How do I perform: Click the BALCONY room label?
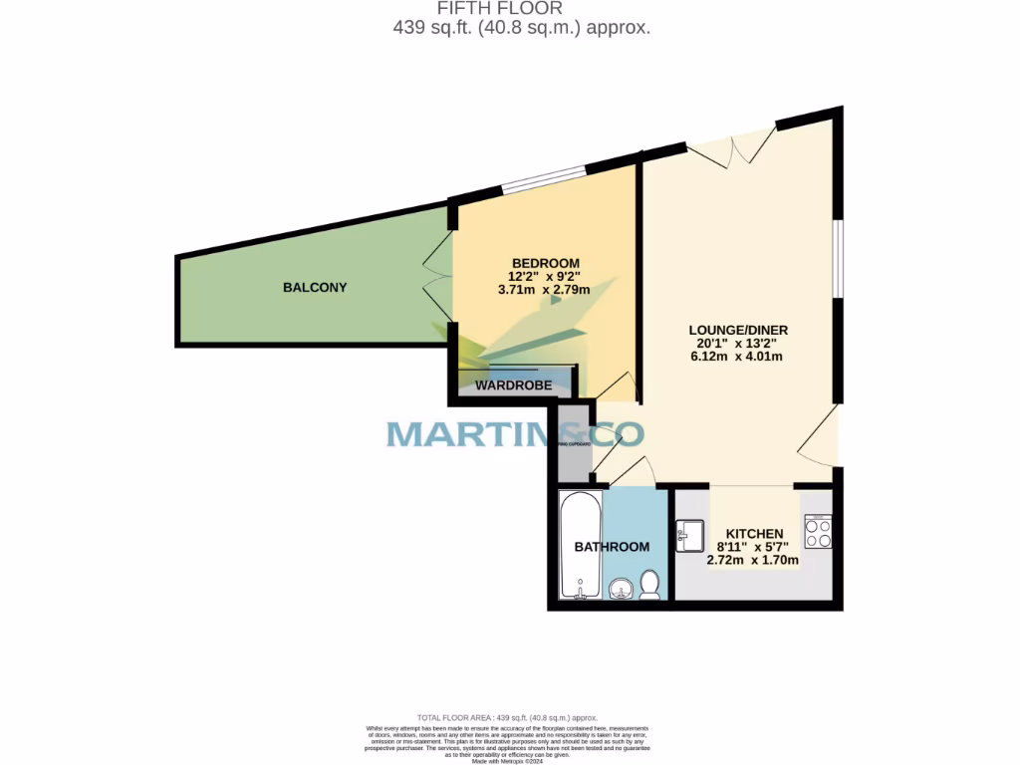[x=315, y=288]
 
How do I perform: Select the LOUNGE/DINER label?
[x=732, y=330]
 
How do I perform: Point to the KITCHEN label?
[x=753, y=534]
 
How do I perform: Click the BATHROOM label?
[x=612, y=547]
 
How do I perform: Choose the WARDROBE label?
[x=507, y=384]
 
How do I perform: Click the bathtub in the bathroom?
[x=580, y=545]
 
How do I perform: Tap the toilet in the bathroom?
[x=649, y=585]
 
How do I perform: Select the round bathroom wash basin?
[x=621, y=589]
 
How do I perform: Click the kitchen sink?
[x=689, y=536]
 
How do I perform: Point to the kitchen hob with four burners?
[x=818, y=532]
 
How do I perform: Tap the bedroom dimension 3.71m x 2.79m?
[x=544, y=290]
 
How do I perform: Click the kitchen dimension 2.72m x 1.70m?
[x=753, y=560]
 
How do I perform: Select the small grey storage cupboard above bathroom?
[x=574, y=441]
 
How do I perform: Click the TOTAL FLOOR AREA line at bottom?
[x=507, y=717]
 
